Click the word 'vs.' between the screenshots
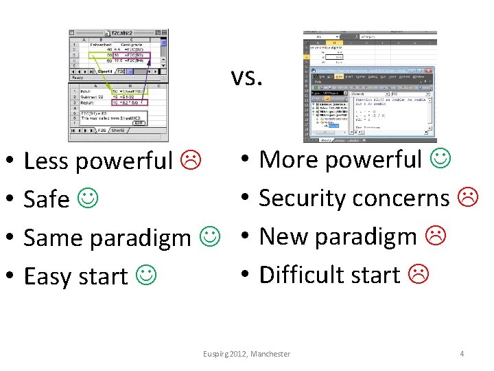[246, 78]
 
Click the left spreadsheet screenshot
[117, 86]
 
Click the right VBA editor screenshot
[369, 86]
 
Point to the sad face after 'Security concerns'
[467, 197]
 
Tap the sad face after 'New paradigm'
[434, 236]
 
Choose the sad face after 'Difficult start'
[416, 274]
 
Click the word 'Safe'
[47, 199]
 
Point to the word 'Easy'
[49, 276]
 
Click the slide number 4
[462, 354]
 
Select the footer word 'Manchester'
[270, 354]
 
